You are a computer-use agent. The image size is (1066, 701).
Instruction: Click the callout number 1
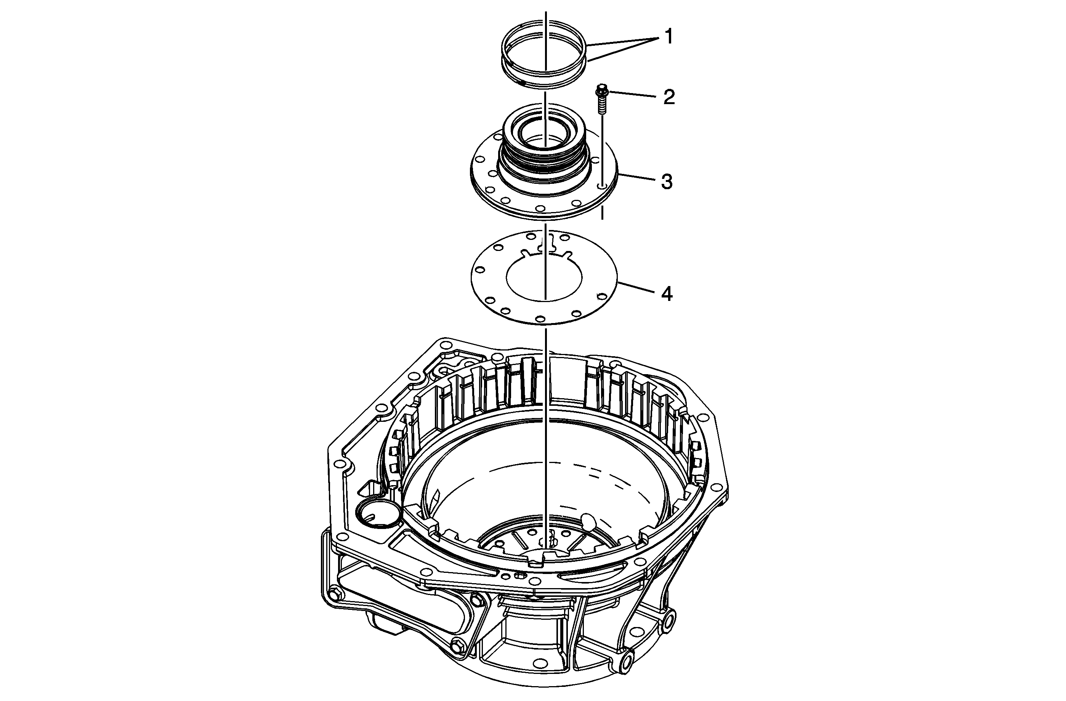668,37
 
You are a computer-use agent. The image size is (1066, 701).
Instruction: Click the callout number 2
669,97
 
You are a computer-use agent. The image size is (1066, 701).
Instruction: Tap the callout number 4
667,294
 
